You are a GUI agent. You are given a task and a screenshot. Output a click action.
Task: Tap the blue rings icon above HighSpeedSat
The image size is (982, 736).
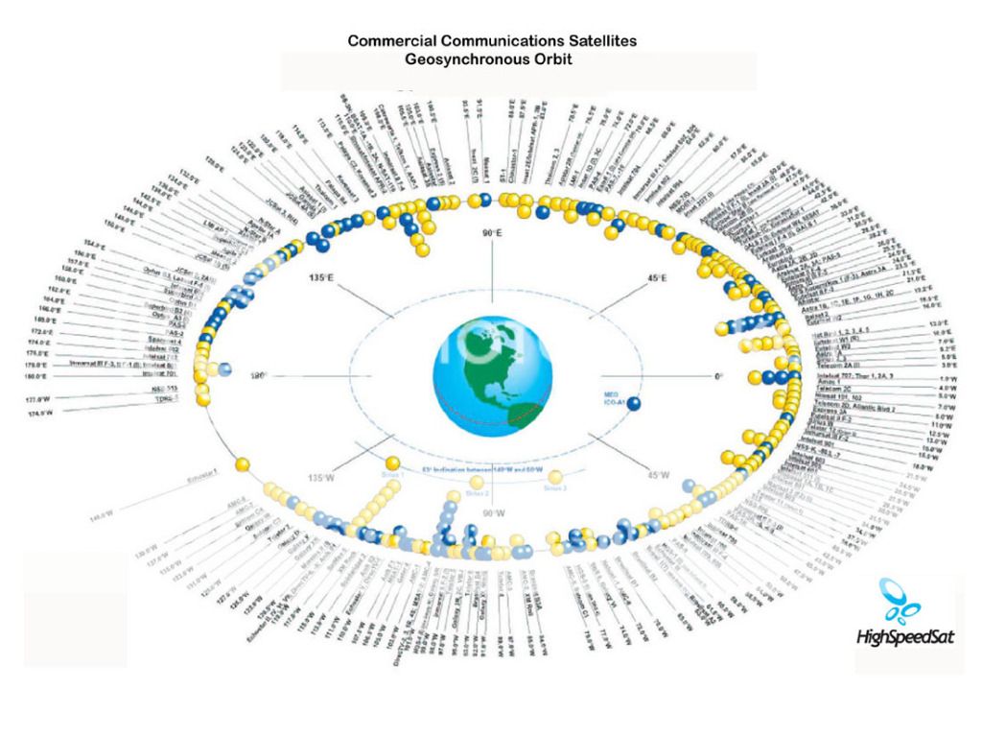point(901,597)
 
